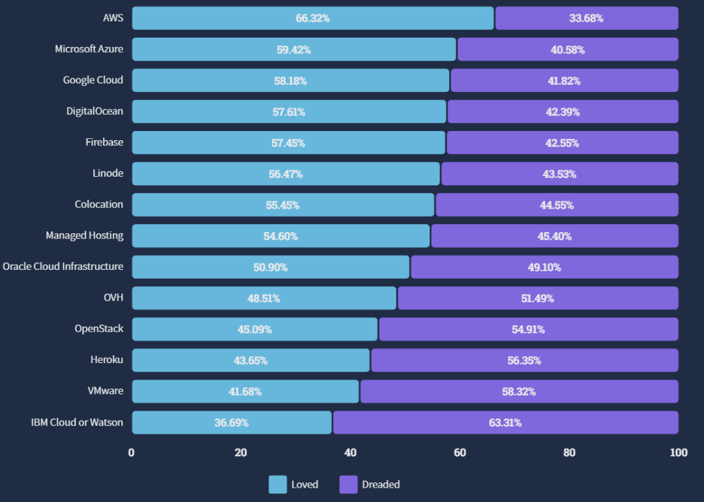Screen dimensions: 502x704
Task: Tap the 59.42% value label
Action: point(293,50)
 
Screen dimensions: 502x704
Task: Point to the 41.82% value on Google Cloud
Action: point(563,81)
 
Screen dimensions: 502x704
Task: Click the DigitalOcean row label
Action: point(95,111)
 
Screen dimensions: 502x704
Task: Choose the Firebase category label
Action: point(104,142)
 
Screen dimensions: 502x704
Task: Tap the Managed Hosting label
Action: point(84,235)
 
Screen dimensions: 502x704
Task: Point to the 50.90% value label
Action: point(271,267)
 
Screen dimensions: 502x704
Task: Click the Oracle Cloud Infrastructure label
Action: point(63,266)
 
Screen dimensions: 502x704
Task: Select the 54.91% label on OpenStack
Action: point(528,329)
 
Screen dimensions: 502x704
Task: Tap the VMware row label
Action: point(106,391)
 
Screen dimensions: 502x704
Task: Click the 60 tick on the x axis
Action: point(460,452)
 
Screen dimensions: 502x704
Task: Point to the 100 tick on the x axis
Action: point(679,452)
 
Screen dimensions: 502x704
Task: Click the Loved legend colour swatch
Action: point(278,484)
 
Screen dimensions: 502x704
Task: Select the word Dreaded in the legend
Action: point(381,484)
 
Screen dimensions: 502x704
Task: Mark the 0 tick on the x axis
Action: point(132,452)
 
